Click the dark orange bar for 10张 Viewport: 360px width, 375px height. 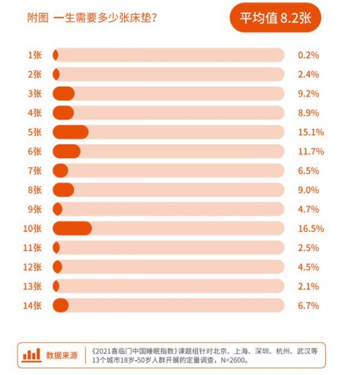pyautogui.click(x=72, y=228)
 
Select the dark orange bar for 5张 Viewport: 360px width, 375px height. pyautogui.click(x=70, y=132)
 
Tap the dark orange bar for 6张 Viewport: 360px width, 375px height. pyautogui.click(x=66, y=151)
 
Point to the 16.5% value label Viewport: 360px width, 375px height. pyautogui.click(x=310, y=228)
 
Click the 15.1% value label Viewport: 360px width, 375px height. pyautogui.click(x=310, y=132)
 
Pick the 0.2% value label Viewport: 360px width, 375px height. pyautogui.click(x=308, y=55)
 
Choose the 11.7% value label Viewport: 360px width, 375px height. pyautogui.click(x=310, y=152)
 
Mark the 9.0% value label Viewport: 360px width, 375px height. pyautogui.click(x=308, y=190)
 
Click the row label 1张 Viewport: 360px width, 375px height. pyautogui.click(x=35, y=55)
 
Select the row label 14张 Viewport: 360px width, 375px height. pyautogui.click(x=32, y=306)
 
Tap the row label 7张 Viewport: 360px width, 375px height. pyautogui.click(x=35, y=171)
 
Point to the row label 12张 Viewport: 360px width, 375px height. pyautogui.click(x=32, y=267)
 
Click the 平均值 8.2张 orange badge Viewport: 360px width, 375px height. pyautogui.click(x=275, y=17)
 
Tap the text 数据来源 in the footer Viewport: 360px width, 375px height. pyautogui.click(x=62, y=355)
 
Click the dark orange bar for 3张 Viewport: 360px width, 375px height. pyautogui.click(x=64, y=93)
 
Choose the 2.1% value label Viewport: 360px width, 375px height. pyautogui.click(x=308, y=286)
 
